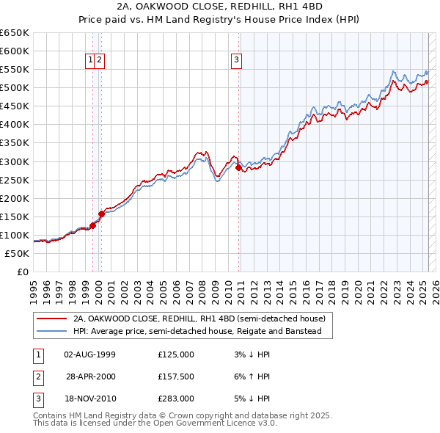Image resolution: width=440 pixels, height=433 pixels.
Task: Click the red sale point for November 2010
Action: point(239,167)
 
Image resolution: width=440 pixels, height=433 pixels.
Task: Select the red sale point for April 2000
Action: point(102,214)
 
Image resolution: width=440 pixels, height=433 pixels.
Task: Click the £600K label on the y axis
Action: point(16,51)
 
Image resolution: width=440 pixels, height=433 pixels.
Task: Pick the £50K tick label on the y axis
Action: point(18,253)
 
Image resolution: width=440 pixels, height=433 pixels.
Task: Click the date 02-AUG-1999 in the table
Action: point(90,354)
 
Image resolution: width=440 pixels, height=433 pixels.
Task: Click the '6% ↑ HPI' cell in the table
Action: point(254,376)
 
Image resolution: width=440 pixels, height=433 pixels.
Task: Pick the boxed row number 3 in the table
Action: point(37,399)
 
